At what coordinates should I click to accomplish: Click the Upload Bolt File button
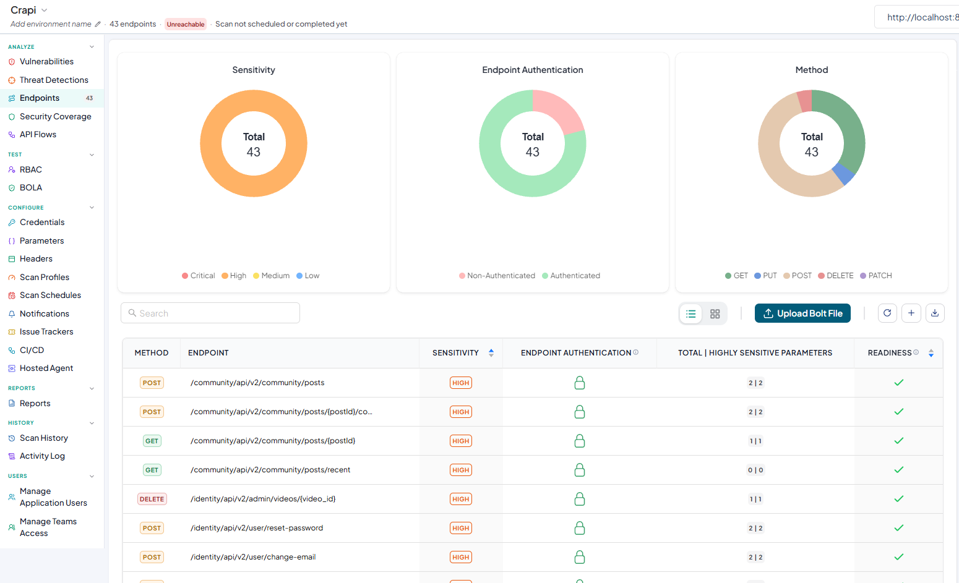pyautogui.click(x=802, y=313)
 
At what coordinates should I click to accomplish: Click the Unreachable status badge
pyautogui.click(x=186, y=24)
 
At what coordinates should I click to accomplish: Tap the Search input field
pyautogui.click(x=210, y=313)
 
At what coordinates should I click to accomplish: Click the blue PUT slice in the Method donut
pyautogui.click(x=843, y=174)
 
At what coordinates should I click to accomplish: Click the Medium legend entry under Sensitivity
pyautogui.click(x=271, y=276)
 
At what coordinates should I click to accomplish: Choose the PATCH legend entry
pyautogui.click(x=876, y=276)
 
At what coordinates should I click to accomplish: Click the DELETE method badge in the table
pyautogui.click(x=152, y=499)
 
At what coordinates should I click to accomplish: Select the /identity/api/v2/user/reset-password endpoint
pyautogui.click(x=257, y=528)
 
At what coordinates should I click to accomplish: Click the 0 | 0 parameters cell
pyautogui.click(x=755, y=470)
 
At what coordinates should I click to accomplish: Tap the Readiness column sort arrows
pyautogui.click(x=931, y=353)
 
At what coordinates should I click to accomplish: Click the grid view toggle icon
pyautogui.click(x=715, y=314)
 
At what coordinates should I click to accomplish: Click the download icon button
pyautogui.click(x=935, y=313)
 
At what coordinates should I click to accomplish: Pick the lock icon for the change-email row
pyautogui.click(x=580, y=557)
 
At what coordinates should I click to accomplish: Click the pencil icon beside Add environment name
pyautogui.click(x=98, y=24)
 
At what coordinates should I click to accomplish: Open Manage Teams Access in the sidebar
pyautogui.click(x=48, y=527)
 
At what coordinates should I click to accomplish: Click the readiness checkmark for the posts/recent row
pyautogui.click(x=899, y=470)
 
